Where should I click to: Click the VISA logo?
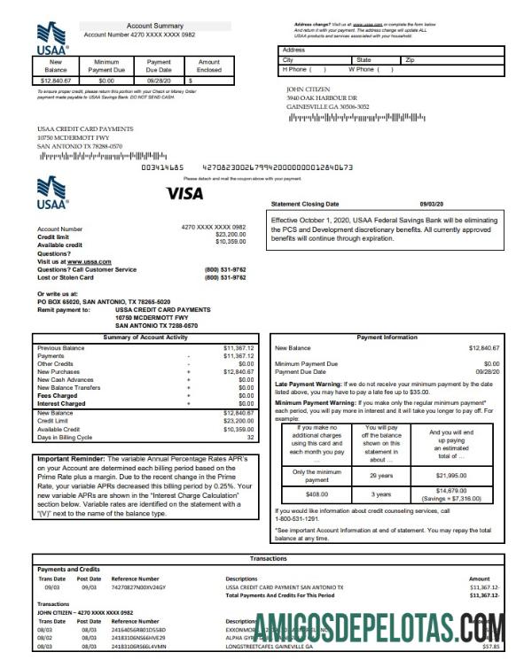coord(184,193)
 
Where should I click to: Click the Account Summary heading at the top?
coord(154,27)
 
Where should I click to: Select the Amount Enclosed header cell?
coord(208,66)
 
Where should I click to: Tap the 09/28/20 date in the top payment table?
coord(159,80)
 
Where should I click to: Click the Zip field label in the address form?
coord(410,59)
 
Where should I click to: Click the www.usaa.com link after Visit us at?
coord(89,262)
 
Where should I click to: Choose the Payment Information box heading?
coord(387,338)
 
